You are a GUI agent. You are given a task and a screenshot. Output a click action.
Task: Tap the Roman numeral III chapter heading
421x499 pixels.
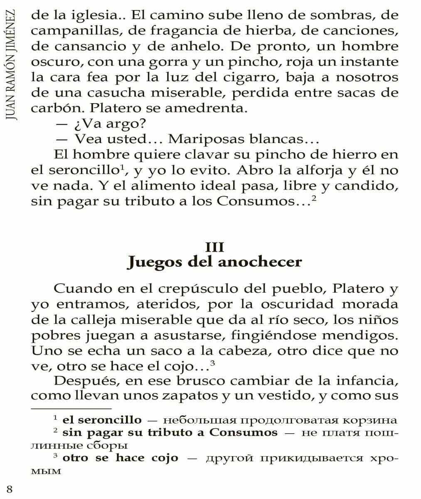[x=214, y=247]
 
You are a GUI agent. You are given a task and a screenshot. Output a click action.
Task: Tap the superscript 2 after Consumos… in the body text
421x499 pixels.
[x=314, y=199]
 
